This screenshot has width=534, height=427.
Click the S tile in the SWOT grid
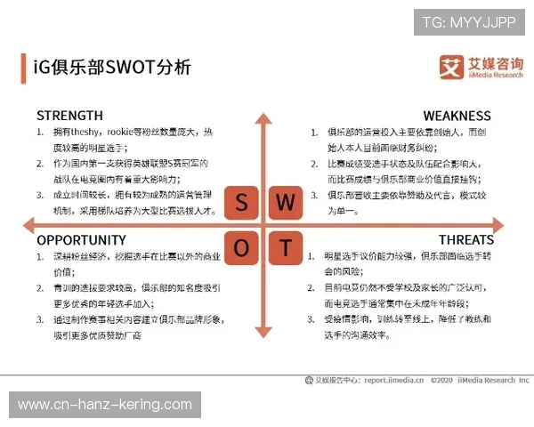[242, 204]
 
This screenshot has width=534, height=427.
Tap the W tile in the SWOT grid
[285, 204]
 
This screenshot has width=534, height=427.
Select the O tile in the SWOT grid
[242, 247]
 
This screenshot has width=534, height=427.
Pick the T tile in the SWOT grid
[285, 247]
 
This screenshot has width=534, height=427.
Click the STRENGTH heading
[69, 116]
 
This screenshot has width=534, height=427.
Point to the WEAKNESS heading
[457, 116]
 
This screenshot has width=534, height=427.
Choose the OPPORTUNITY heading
[82, 240]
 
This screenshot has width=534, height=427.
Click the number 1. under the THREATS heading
[314, 257]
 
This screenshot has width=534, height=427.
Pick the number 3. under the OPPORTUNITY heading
[41, 320]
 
